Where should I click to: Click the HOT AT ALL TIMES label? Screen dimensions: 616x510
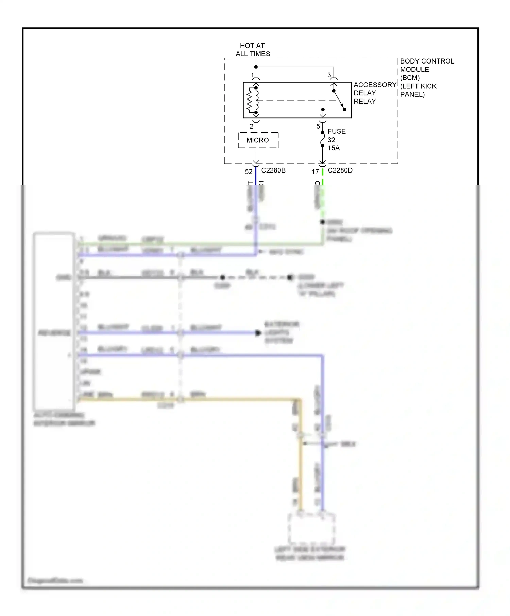(253, 50)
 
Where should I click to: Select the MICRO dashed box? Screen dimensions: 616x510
(258, 140)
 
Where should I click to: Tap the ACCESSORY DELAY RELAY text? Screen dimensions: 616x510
(374, 93)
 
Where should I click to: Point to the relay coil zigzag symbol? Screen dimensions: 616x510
(251, 100)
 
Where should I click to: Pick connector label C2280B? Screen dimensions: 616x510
(273, 170)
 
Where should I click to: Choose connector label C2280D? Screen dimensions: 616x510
(340, 170)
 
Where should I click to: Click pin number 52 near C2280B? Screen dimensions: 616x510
(249, 172)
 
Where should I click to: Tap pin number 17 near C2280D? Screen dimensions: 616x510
(315, 172)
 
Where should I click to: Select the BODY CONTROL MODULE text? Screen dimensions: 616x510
(427, 65)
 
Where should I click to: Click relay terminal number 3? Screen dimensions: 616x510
(329, 75)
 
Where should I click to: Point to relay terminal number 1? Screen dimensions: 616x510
(252, 75)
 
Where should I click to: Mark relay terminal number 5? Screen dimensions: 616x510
(318, 126)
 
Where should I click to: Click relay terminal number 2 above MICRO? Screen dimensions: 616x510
(251, 126)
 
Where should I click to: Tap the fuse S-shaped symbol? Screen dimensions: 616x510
(322, 140)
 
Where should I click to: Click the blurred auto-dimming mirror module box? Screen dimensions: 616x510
(54, 321)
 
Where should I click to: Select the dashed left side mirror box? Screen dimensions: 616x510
(311, 529)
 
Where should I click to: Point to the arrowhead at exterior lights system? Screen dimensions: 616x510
(258, 333)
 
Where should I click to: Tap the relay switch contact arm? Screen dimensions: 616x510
(339, 100)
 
